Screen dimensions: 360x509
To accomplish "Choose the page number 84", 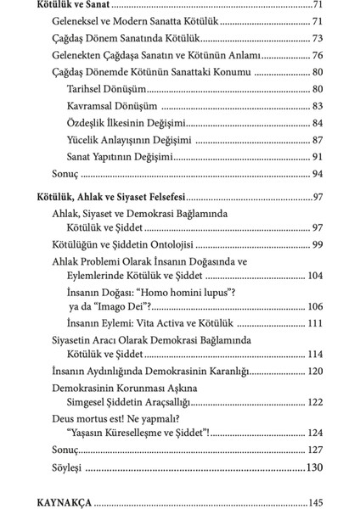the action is [x=317, y=123].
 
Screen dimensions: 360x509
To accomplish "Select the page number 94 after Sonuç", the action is [x=317, y=174].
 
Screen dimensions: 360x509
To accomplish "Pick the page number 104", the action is [x=313, y=277].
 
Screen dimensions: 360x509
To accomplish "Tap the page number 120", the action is [x=313, y=372].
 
